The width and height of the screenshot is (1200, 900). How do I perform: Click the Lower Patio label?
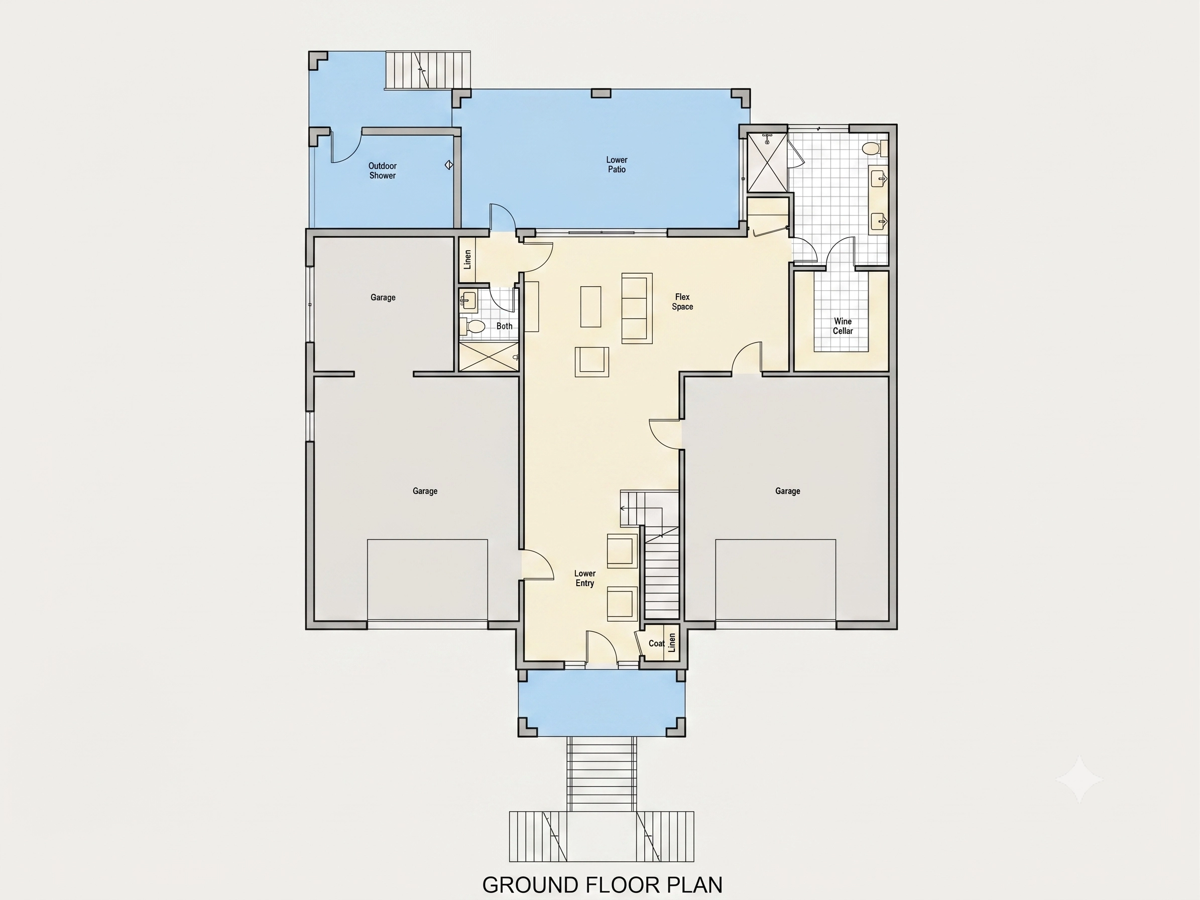point(616,165)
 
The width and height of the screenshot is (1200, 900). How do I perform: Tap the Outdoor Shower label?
point(383,171)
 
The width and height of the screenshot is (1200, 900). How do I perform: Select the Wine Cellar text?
point(843,326)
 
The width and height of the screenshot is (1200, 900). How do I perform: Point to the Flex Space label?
point(682,302)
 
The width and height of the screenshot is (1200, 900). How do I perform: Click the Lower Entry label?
point(585,578)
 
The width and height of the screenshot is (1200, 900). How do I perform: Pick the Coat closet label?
point(656,643)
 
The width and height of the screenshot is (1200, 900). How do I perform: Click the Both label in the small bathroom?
point(504,326)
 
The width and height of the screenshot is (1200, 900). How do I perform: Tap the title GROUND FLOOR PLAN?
point(602,885)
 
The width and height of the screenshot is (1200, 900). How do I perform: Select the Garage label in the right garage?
point(788,491)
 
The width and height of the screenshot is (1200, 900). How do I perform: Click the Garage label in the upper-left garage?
point(383,297)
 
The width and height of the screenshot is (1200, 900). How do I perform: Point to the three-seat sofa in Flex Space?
point(637,308)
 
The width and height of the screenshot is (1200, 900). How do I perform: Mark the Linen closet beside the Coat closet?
point(672,643)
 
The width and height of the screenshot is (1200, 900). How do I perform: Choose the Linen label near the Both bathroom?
point(467,259)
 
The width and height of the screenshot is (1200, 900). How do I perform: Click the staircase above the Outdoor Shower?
point(428,70)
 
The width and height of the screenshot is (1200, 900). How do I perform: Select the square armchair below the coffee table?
point(592,362)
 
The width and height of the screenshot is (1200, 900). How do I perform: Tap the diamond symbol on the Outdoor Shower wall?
point(449,164)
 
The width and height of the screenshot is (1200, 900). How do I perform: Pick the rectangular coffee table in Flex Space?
point(591,306)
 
